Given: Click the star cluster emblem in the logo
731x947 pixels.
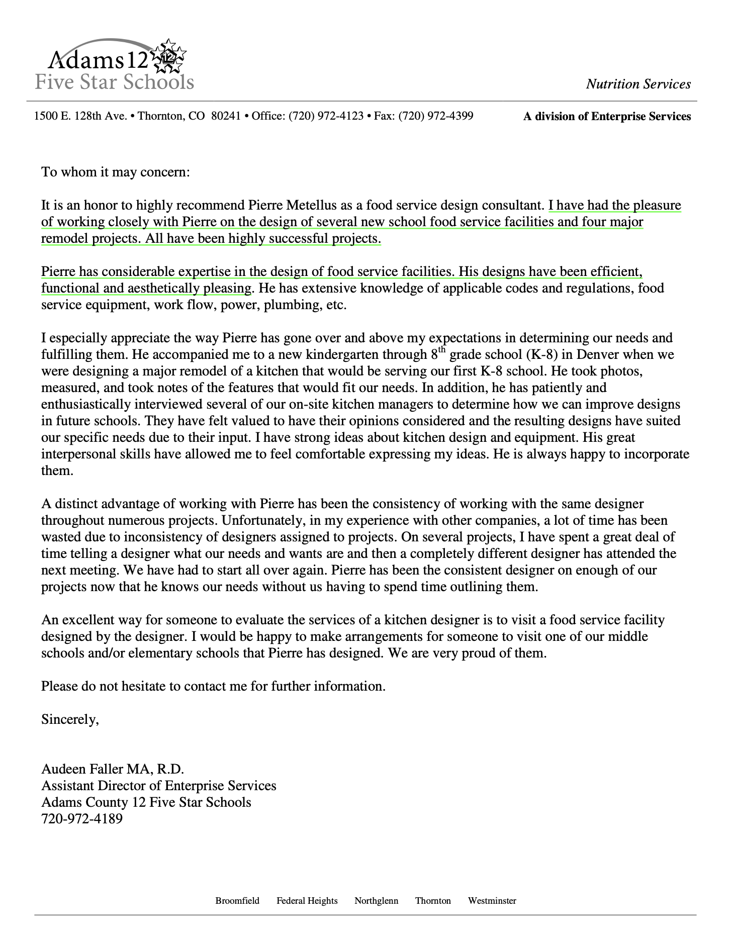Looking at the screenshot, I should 169,57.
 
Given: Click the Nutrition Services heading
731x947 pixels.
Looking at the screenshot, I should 638,84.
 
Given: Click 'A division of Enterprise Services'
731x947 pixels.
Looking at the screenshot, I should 607,117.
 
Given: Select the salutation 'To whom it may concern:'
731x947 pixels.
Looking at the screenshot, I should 116,172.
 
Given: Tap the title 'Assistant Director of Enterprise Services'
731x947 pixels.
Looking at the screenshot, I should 158,786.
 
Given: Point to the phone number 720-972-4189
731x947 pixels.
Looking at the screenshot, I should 81,819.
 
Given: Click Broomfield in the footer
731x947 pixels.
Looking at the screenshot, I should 237,900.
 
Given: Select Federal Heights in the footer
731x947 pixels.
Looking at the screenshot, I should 307,900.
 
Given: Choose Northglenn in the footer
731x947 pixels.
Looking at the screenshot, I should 376,900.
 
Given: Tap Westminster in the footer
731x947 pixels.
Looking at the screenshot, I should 492,900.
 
